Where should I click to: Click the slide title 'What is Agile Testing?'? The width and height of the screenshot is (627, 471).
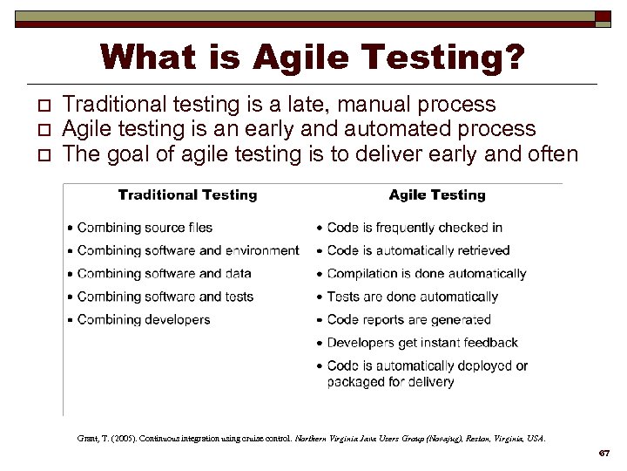(x=313, y=58)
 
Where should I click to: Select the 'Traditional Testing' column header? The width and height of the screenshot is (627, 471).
(x=187, y=195)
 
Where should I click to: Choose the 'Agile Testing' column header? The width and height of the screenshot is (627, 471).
(x=437, y=195)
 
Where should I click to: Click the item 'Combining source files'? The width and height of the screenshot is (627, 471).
(x=145, y=228)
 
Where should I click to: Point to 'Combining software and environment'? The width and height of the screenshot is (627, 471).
(x=187, y=250)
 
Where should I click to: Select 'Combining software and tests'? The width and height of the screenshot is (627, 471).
(x=165, y=297)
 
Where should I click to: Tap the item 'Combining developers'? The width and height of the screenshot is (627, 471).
(x=144, y=320)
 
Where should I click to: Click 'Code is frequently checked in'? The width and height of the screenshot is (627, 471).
(x=415, y=228)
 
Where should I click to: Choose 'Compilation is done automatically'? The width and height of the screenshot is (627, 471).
(x=427, y=274)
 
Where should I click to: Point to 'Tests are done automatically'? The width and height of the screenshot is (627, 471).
(x=413, y=297)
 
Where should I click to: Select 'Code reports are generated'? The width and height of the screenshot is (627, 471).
(x=409, y=320)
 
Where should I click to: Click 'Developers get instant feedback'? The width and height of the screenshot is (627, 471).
(x=422, y=343)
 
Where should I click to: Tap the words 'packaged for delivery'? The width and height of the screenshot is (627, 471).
(x=390, y=381)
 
